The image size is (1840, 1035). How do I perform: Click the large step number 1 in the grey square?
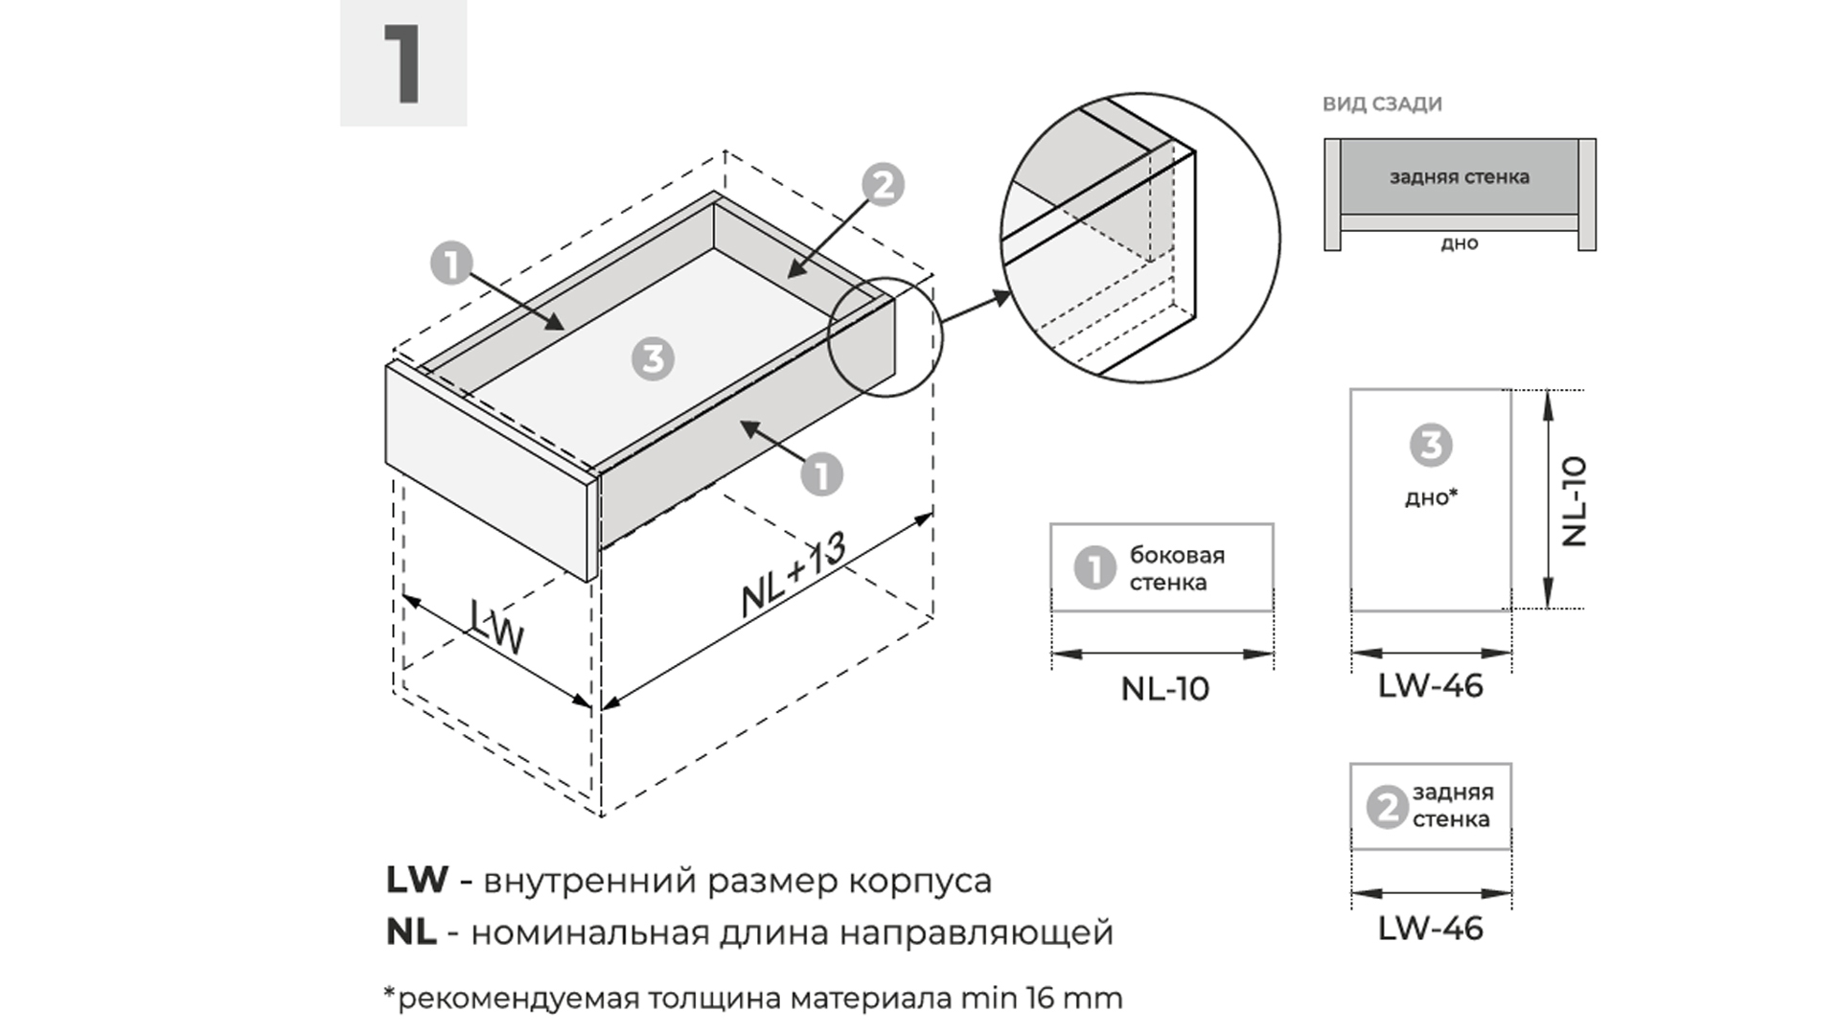click(x=403, y=64)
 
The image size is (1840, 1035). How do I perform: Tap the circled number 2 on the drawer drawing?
click(x=883, y=185)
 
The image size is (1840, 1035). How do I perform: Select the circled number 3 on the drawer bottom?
click(x=653, y=359)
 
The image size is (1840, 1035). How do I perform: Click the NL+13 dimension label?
click(x=793, y=575)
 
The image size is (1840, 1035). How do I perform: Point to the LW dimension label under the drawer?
click(x=496, y=628)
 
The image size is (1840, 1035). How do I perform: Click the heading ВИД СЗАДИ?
click(x=1382, y=104)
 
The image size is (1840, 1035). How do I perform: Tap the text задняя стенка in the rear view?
click(x=1459, y=177)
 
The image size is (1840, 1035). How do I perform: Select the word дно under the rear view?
click(x=1459, y=243)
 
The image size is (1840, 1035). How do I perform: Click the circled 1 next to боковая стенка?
click(x=1094, y=567)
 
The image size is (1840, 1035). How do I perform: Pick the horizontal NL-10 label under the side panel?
click(x=1164, y=689)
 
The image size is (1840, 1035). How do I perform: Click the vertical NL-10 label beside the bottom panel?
click(x=1575, y=501)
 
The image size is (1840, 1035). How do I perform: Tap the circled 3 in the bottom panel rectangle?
click(x=1431, y=445)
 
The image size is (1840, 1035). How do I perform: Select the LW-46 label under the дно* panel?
click(x=1430, y=686)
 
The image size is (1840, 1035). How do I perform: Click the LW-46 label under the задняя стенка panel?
click(x=1430, y=929)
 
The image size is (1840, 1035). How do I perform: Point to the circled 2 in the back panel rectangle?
click(x=1386, y=807)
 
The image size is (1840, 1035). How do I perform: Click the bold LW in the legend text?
click(x=417, y=880)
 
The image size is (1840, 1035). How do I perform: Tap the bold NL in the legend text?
click(x=411, y=931)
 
